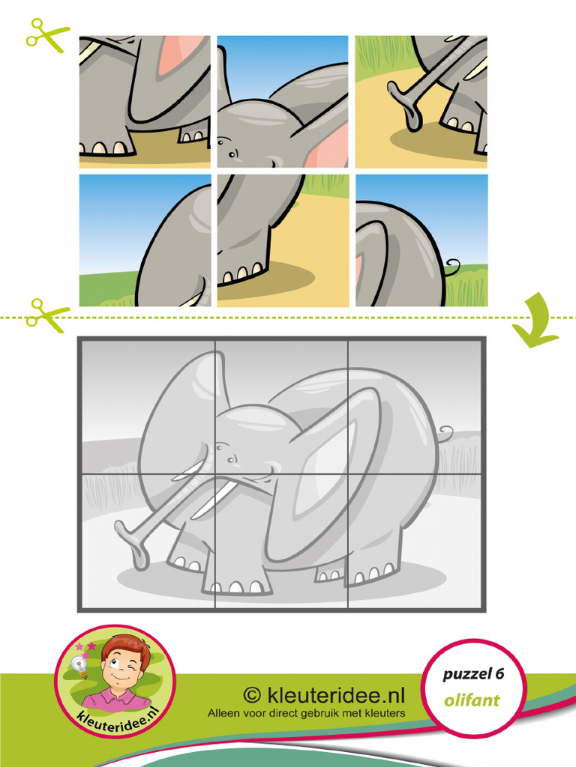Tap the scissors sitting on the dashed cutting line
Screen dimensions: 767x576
pyautogui.click(x=46, y=315)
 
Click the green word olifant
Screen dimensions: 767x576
pyautogui.click(x=472, y=701)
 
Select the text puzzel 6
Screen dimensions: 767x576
pyautogui.click(x=472, y=674)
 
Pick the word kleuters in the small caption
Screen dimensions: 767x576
pyautogui.click(x=382, y=713)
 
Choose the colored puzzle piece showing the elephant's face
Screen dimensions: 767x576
pyautogui.click(x=283, y=102)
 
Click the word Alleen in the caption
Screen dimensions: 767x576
pyautogui.click(x=224, y=713)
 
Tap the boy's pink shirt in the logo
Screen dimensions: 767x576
pyautogui.click(x=116, y=699)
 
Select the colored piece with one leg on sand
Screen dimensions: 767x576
pyautogui.click(x=283, y=240)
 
